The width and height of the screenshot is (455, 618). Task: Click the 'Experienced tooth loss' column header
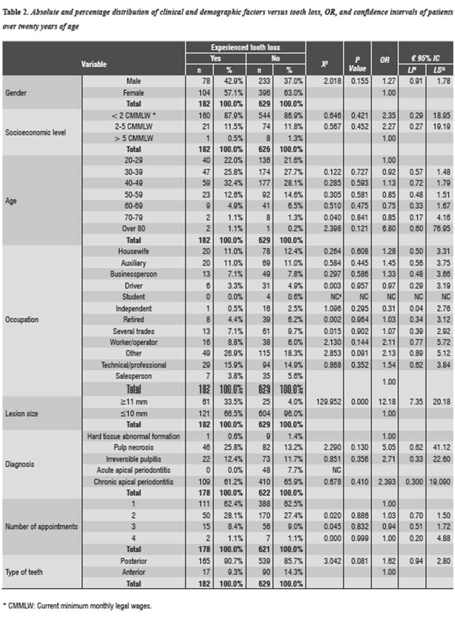[246, 47]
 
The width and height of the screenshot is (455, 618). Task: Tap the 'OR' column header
[384, 60]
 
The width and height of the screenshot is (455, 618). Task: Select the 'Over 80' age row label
[134, 228]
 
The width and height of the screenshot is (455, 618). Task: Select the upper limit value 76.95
[439, 228]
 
